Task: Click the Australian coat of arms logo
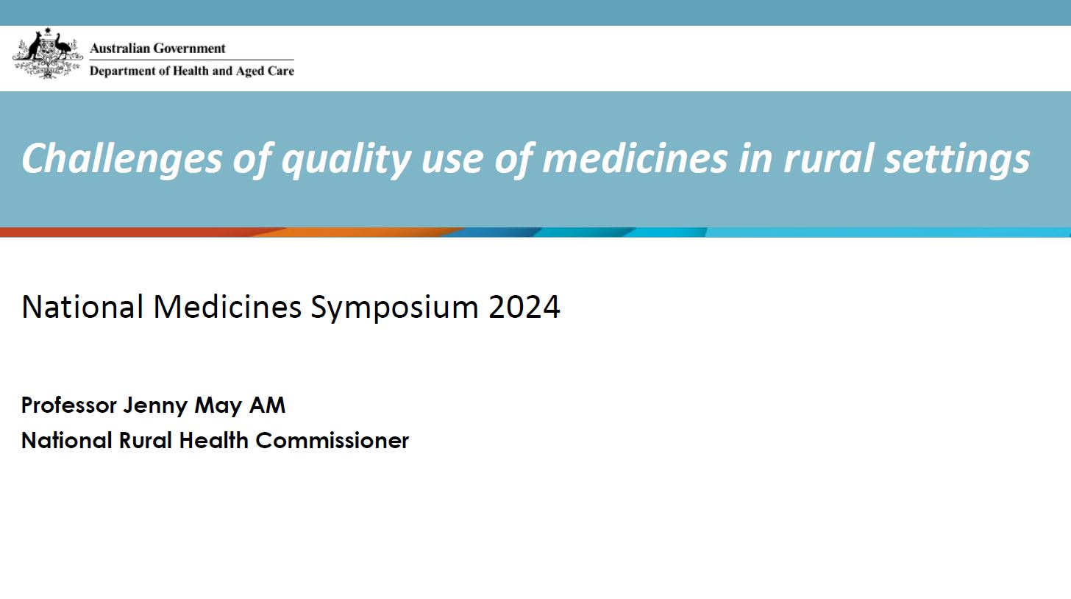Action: click(x=47, y=53)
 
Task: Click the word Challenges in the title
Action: click(x=121, y=158)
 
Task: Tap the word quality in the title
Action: click(x=346, y=158)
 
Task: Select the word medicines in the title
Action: click(x=634, y=158)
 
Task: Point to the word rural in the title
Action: click(x=828, y=158)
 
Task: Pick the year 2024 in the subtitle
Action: click(x=524, y=307)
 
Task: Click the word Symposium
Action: click(x=395, y=307)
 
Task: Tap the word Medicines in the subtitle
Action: click(x=227, y=307)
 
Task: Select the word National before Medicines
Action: click(x=82, y=307)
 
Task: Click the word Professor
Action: click(x=69, y=405)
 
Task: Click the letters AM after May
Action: click(x=267, y=405)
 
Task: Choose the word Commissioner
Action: click(x=332, y=441)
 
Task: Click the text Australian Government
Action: click(x=157, y=49)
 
